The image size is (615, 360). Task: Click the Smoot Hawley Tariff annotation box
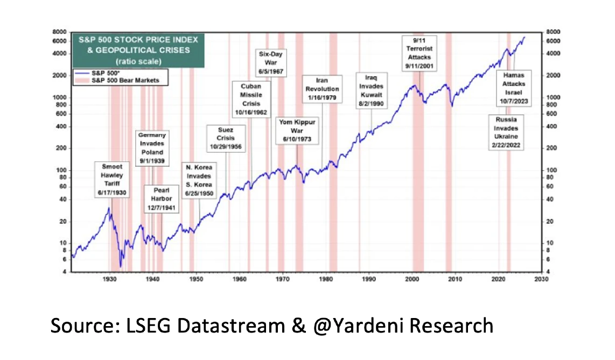tap(113, 179)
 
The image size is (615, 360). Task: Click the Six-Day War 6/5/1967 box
tap(271, 62)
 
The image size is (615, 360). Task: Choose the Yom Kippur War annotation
tap(297, 131)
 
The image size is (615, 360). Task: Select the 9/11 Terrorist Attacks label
tap(419, 53)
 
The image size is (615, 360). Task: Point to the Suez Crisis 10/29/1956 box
tap(225, 138)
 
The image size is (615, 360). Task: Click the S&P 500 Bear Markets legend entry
tap(124, 80)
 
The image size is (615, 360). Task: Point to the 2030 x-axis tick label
tap(541, 279)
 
